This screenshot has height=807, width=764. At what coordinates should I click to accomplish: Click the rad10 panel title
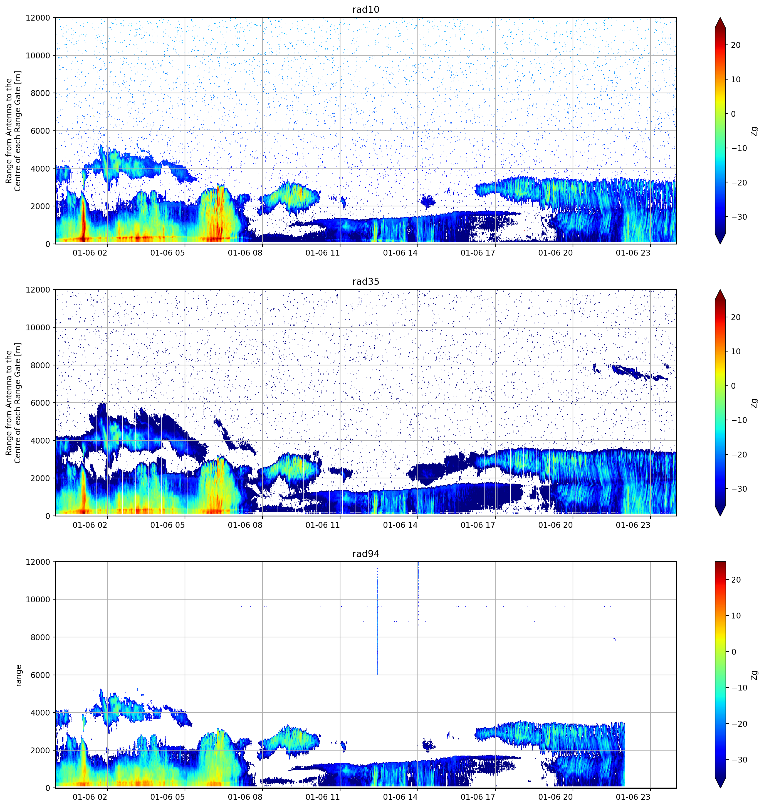(366, 9)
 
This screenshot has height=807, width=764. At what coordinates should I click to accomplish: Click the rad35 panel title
(366, 281)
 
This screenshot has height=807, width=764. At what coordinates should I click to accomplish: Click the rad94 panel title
(366, 554)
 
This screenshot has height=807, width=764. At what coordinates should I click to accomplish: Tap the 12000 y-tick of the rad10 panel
(38, 18)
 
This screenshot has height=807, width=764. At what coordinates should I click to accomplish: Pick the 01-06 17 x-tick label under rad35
(478, 525)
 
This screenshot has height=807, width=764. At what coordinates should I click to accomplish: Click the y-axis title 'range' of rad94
(18, 675)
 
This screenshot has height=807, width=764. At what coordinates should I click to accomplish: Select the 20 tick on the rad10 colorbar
(735, 45)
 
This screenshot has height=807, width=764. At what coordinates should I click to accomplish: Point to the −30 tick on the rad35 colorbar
(739, 489)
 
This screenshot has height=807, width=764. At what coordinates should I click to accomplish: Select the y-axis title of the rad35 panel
(13, 403)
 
